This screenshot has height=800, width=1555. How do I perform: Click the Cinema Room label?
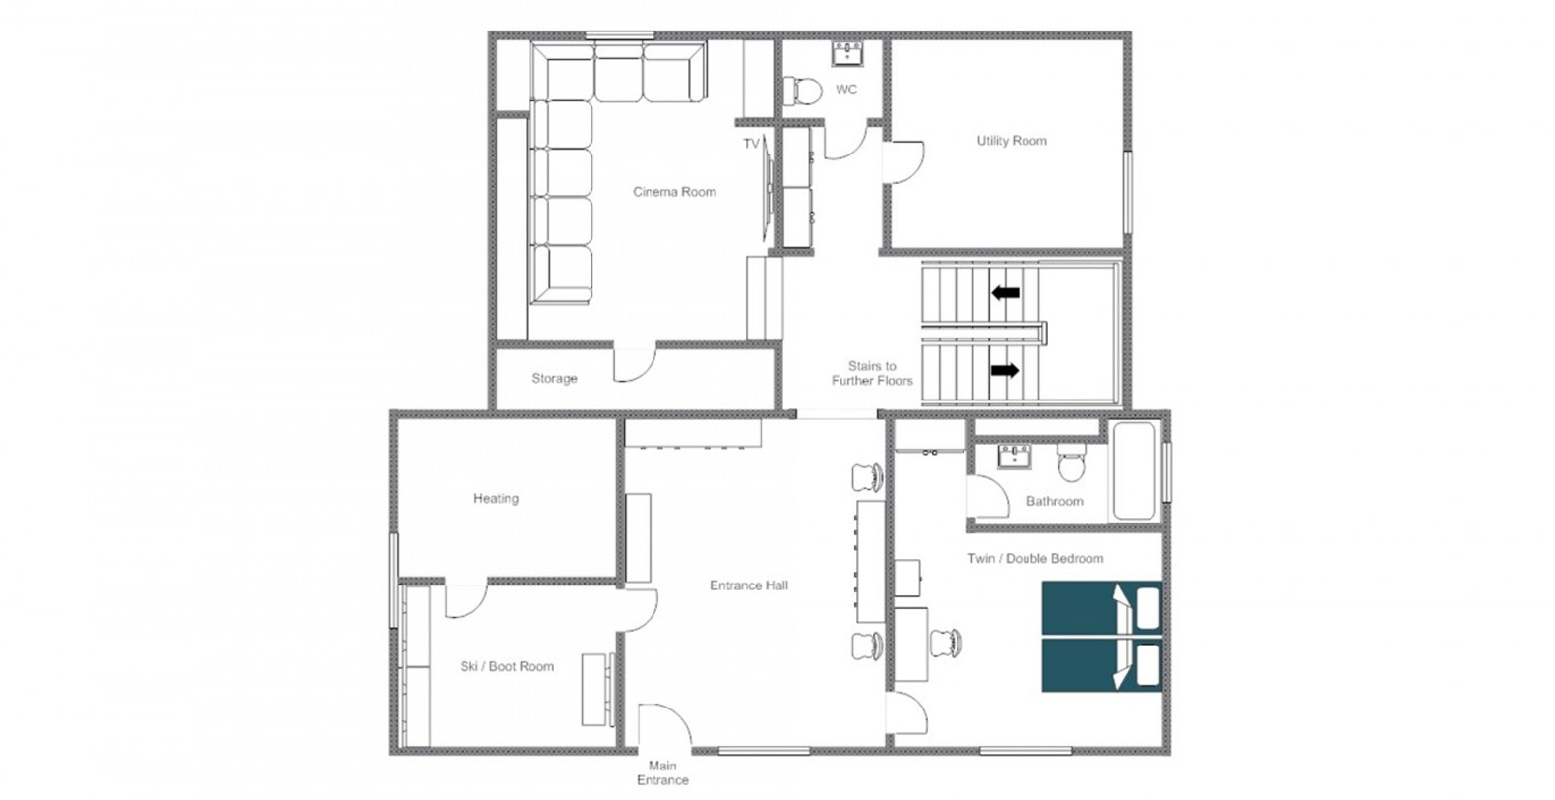[674, 192]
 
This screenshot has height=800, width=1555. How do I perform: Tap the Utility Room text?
[1012, 141]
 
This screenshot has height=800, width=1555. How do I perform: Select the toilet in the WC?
[802, 91]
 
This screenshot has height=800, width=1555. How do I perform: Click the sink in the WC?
[847, 53]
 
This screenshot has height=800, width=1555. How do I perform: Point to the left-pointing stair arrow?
[1005, 293]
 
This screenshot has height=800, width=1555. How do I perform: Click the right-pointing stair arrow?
[1005, 371]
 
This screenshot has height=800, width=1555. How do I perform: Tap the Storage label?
[554, 378]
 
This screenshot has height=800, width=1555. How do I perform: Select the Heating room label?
[496, 498]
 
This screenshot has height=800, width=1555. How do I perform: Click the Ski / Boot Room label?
[507, 667]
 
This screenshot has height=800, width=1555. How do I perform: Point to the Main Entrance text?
[663, 773]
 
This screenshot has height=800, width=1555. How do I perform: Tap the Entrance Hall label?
[748, 585]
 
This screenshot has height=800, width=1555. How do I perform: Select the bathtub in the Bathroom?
[1135, 471]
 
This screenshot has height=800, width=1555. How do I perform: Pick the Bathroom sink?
[1015, 457]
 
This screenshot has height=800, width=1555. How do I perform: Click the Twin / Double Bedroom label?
[1035, 559]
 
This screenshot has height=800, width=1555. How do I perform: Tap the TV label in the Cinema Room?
[751, 144]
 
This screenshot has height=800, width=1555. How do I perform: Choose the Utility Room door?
[903, 162]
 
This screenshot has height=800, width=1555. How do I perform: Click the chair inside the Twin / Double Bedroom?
[946, 643]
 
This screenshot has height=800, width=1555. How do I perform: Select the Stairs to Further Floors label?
[872, 373]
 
